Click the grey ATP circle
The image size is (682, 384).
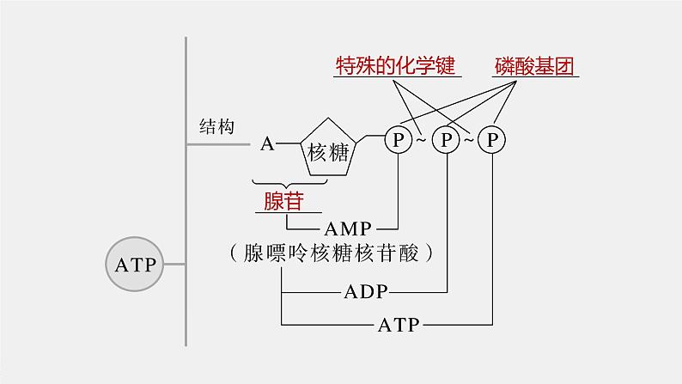coord(134,264)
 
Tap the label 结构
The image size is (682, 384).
coord(216,126)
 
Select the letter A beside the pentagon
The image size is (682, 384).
coord(267,143)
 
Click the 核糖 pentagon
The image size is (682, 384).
coord(327,151)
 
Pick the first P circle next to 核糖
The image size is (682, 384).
coord(398,139)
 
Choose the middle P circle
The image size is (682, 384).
coord(446,139)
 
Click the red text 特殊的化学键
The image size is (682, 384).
coord(394,65)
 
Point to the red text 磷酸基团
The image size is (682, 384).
coord(533,65)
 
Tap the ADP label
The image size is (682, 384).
coord(366,290)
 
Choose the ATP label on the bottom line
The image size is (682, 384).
coord(398,325)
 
